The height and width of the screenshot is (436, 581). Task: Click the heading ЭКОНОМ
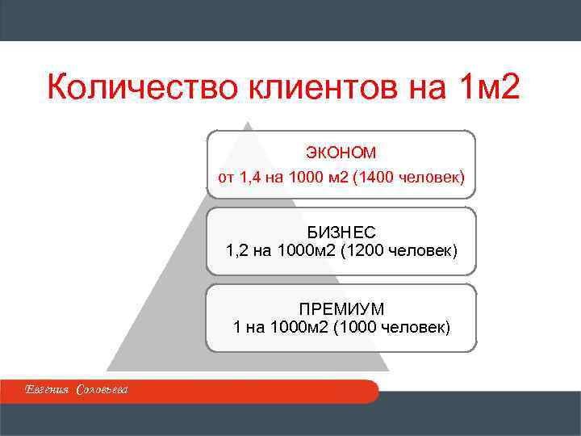tap(341, 152)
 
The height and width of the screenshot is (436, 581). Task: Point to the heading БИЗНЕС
tap(341, 233)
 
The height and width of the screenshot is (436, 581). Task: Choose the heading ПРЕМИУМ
tap(341, 309)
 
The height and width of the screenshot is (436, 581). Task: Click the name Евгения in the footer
tap(48, 391)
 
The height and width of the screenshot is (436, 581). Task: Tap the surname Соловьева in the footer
tap(102, 391)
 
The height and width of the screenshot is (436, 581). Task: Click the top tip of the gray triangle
tap(249, 124)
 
